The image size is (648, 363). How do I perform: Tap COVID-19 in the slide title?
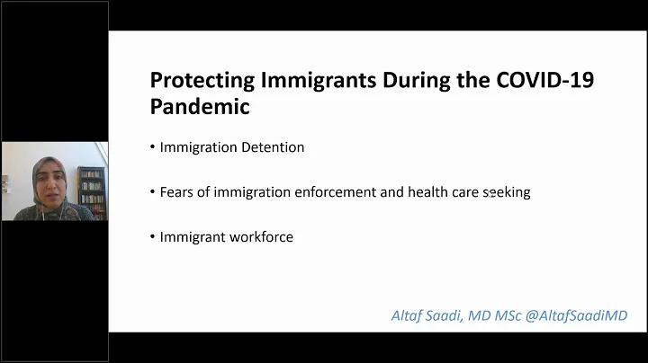tap(544, 80)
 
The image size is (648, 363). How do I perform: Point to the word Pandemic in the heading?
tap(200, 107)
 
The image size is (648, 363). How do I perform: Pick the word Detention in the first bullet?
tap(274, 147)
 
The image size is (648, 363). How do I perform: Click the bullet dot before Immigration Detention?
tap(153, 147)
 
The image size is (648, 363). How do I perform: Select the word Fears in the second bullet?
tap(176, 192)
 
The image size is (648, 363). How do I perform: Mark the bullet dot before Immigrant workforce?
tap(153, 237)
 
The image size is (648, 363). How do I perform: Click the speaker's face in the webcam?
tap(43, 174)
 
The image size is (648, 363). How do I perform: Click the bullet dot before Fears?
tap(153, 192)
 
